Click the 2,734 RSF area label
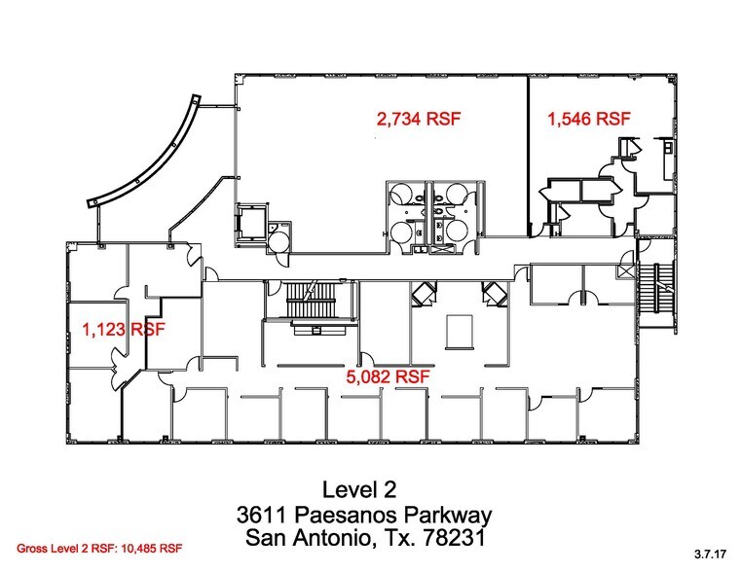point(418,120)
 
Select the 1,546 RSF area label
point(589,120)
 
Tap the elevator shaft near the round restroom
point(250,223)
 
